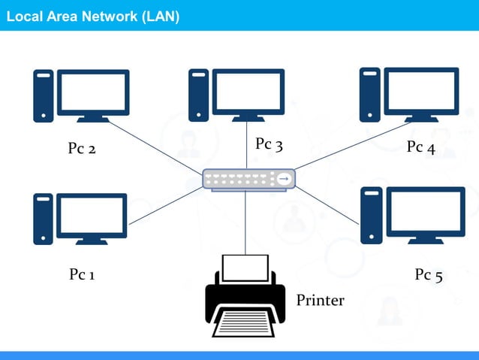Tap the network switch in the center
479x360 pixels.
tap(249, 179)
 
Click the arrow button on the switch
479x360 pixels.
tap(284, 179)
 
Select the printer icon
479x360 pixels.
tap(246, 297)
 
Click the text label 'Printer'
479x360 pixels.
tap(320, 301)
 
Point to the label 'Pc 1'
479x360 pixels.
tap(83, 275)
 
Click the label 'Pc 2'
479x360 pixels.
tap(82, 149)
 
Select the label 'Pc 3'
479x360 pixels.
tap(269, 144)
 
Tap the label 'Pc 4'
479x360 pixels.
tap(420, 147)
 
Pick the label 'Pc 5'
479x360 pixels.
tap(429, 275)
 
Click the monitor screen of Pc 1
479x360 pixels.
tap(92, 214)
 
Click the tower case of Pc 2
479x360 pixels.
tap(44, 95)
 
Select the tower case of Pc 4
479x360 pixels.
tap(369, 95)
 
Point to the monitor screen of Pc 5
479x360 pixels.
tap(424, 212)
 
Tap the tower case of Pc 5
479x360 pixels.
tap(370, 216)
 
